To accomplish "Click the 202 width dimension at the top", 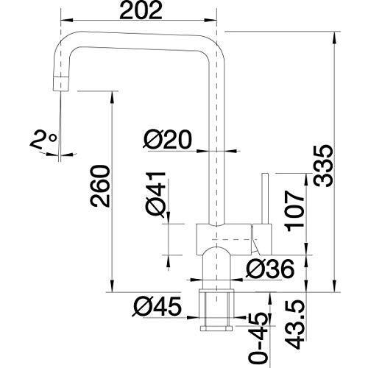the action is pos(141,10).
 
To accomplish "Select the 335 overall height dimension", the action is pos(324,166).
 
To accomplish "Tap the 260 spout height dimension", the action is pos(100,186).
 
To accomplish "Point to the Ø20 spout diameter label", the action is pos(167,139).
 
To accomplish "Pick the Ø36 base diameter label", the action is pos(270,269).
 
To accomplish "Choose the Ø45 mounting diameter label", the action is pos(157,306).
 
